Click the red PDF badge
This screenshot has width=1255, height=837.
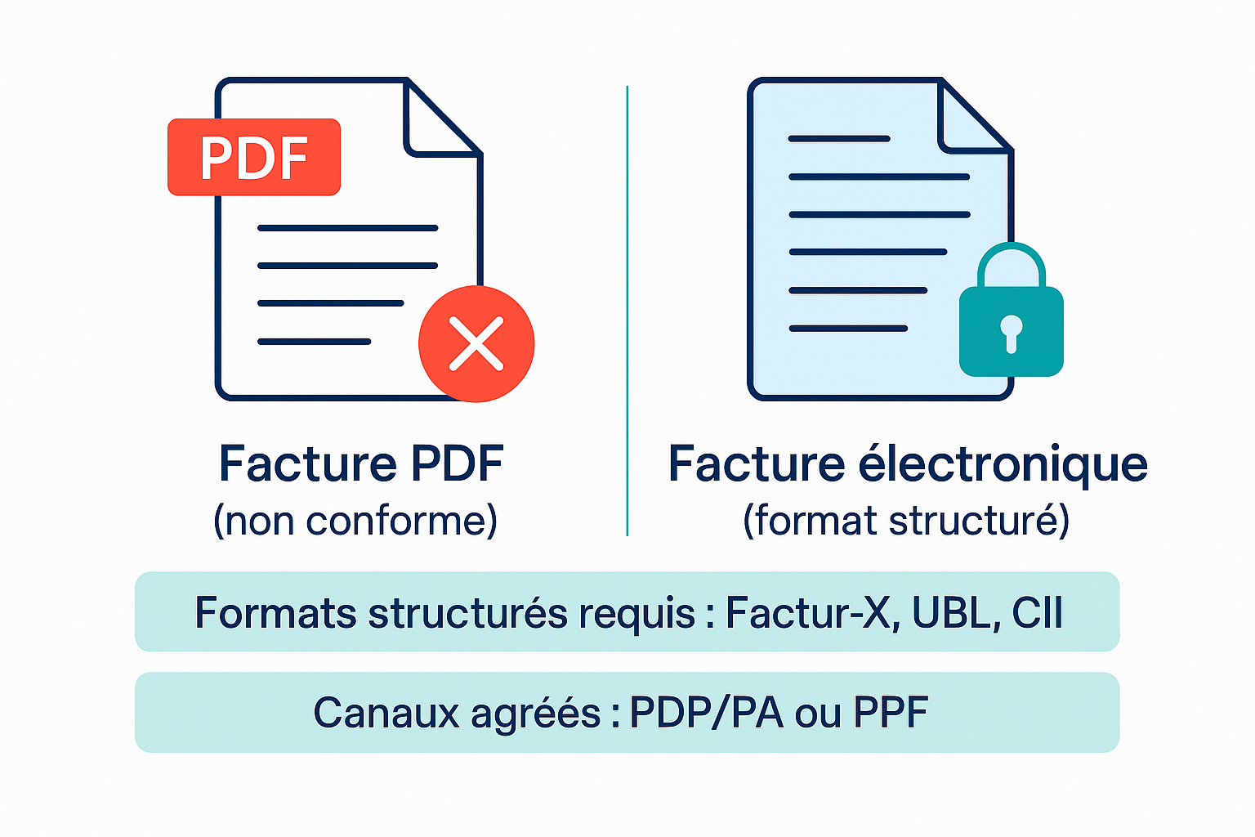coord(253,157)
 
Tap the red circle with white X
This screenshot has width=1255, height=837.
coord(476,344)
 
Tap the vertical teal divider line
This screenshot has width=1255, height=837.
coord(627,311)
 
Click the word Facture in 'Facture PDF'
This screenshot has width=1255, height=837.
coord(307,464)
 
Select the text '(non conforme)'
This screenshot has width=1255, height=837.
coord(355,521)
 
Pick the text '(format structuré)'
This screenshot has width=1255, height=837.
coord(906,521)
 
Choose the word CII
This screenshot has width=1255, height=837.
coord(1037,612)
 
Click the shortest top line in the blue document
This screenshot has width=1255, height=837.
coord(839,139)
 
